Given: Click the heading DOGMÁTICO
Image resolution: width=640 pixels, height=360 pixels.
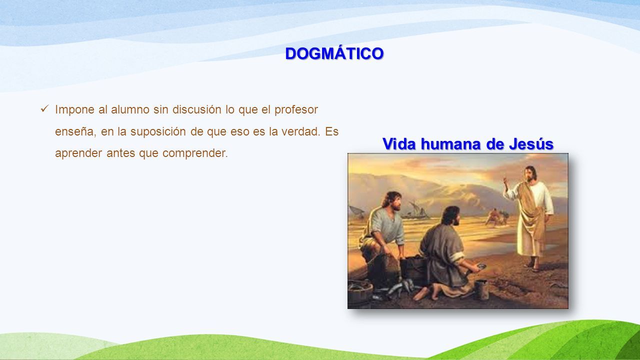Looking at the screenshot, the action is point(334,53).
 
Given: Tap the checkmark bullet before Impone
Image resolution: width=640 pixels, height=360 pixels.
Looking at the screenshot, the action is point(45,108).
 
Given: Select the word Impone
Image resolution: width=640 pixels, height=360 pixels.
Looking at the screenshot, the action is point(74,110).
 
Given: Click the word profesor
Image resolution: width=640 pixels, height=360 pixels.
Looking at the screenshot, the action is point(296,110).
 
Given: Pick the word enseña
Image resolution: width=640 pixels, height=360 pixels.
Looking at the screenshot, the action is point(75,131).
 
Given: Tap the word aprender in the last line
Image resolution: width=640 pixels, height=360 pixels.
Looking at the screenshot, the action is point(78,153).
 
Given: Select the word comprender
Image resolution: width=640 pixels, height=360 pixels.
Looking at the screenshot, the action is point(195,153).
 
